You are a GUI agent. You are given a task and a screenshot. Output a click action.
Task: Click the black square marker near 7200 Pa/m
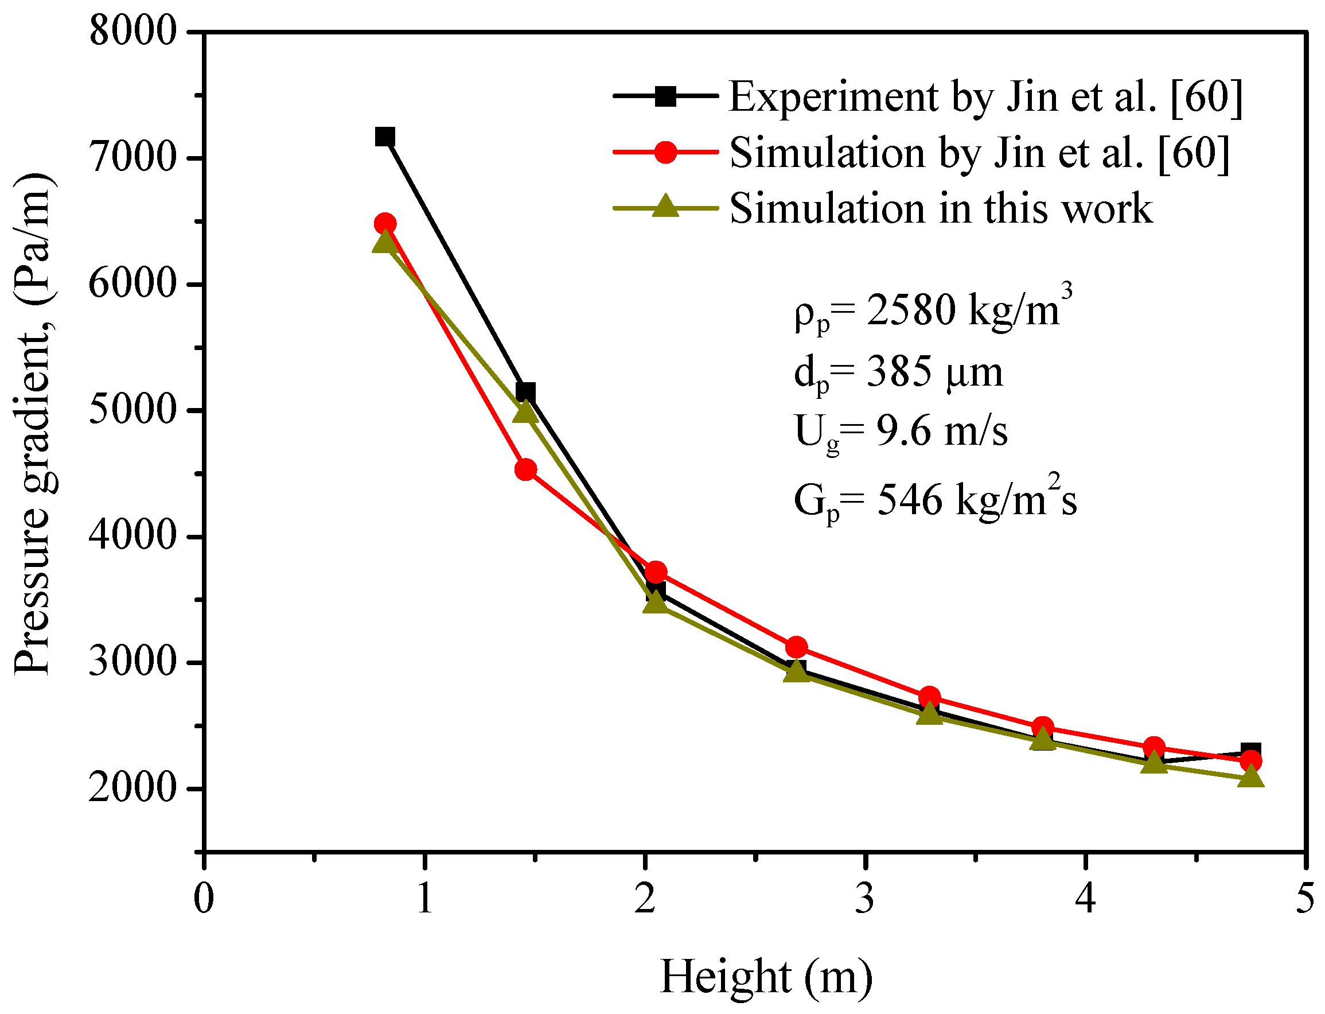point(385,137)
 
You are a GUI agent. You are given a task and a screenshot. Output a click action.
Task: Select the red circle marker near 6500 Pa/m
point(385,224)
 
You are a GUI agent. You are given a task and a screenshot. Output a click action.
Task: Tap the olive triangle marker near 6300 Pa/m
point(384,243)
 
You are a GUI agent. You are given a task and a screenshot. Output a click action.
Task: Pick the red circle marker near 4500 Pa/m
point(526,469)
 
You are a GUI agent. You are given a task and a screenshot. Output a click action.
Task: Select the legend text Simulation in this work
point(941,208)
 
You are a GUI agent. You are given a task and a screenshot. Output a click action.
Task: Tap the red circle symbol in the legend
point(665,152)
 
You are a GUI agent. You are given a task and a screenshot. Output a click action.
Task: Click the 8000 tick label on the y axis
point(132,32)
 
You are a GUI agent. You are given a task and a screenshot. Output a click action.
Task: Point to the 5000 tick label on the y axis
point(132,410)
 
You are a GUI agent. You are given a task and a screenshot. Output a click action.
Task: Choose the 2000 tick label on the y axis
point(132,788)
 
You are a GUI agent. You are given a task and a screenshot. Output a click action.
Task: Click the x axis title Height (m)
point(766,977)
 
